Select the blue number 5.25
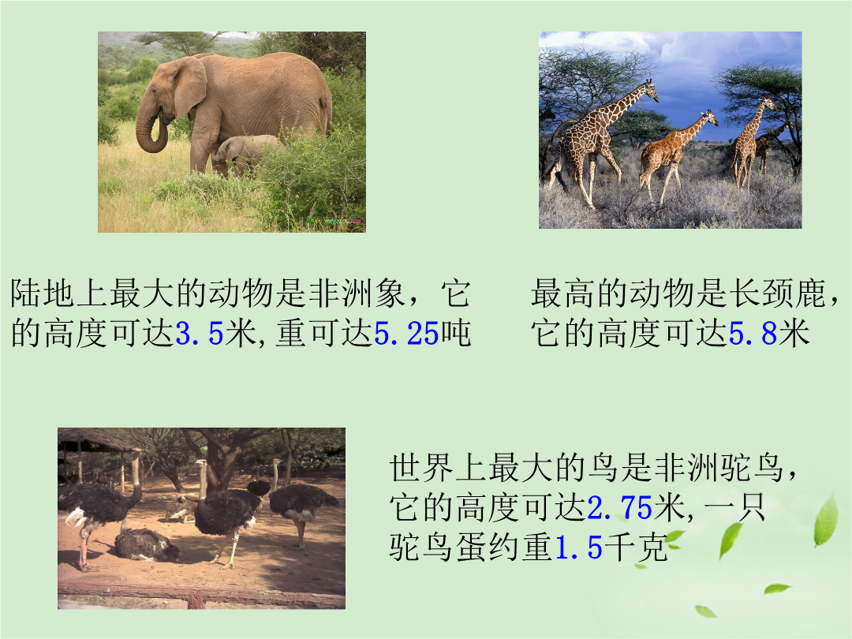(x=406, y=333)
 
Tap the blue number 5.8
(x=753, y=333)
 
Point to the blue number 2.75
(x=619, y=508)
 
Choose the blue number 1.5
(x=579, y=547)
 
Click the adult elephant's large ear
(x=189, y=86)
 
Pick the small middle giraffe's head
(x=710, y=118)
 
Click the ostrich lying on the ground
(x=147, y=545)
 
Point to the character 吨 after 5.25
(x=455, y=333)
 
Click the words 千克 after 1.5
(x=636, y=547)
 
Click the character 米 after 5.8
(x=794, y=333)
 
